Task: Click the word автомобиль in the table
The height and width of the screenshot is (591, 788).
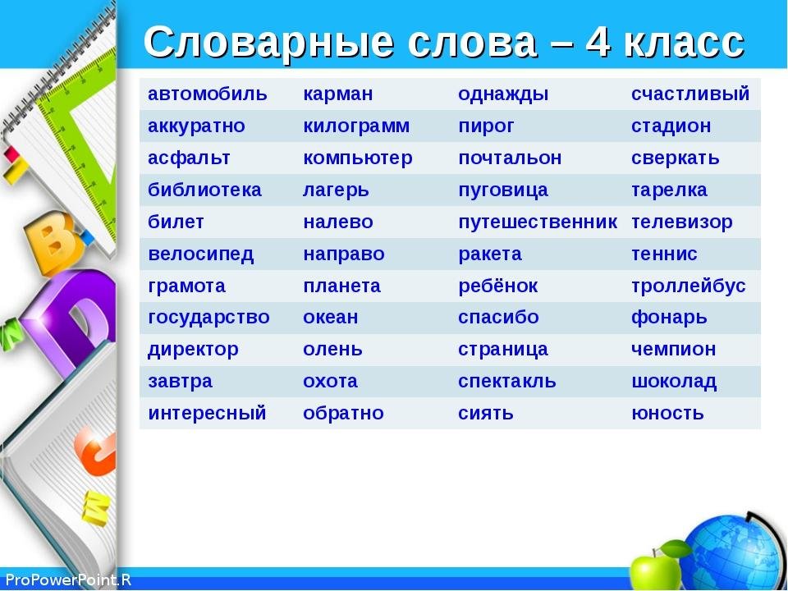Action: (x=207, y=94)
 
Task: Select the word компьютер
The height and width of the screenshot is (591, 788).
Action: (x=357, y=158)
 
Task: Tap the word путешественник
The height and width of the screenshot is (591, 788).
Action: (x=537, y=222)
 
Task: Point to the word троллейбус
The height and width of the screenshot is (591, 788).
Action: (x=688, y=286)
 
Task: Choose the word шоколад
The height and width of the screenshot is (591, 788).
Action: (x=673, y=382)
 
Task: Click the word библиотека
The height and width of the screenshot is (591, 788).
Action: (x=204, y=190)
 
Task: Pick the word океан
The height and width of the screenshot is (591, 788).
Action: (x=330, y=318)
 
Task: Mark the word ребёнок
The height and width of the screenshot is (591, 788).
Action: (x=497, y=286)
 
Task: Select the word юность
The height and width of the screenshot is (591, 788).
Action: (x=667, y=414)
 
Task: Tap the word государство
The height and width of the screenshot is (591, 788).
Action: (x=208, y=318)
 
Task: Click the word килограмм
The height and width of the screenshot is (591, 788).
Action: (x=355, y=126)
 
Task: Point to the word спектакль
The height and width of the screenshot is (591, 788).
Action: (x=506, y=382)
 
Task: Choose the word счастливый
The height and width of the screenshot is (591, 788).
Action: (x=690, y=94)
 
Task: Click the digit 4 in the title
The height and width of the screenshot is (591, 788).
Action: (x=598, y=41)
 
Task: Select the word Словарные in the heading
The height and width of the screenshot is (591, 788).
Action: (x=268, y=42)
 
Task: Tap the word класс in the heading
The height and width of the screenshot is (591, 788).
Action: (x=684, y=43)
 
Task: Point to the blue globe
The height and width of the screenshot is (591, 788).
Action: (x=735, y=552)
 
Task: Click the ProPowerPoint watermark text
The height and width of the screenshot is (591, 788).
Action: (x=68, y=580)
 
